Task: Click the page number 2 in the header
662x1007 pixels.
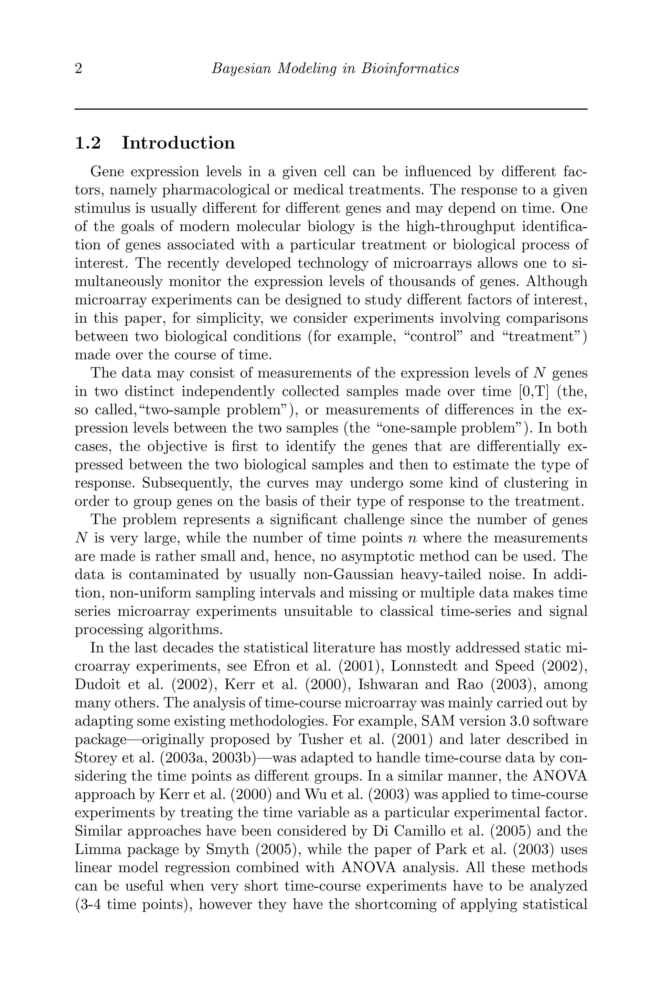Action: [x=78, y=69]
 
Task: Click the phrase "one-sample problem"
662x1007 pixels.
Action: [x=450, y=428]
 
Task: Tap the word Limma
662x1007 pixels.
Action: [x=98, y=850]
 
